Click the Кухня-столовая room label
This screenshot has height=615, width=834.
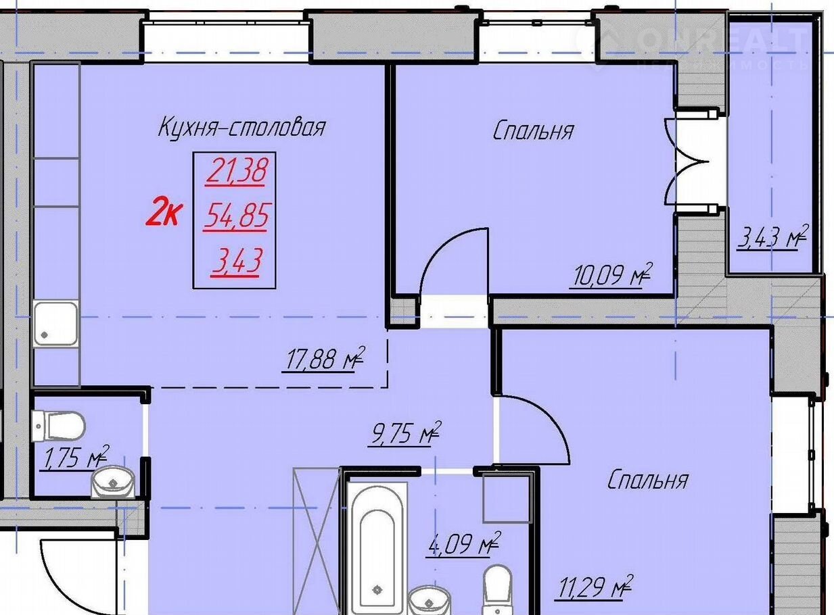241,127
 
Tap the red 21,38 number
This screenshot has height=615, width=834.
237,172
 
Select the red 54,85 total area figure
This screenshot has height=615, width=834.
236,216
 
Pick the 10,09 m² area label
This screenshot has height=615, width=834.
610,275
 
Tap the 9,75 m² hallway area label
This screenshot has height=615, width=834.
404,434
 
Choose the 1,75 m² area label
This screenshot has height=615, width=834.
74,458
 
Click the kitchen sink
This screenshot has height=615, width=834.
56,324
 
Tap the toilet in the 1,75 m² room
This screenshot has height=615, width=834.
58,426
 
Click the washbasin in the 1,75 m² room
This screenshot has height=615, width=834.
114,483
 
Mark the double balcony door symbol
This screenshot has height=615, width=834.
687,162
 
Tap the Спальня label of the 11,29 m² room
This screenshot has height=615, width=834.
648,480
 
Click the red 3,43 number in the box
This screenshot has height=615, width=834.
236,262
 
